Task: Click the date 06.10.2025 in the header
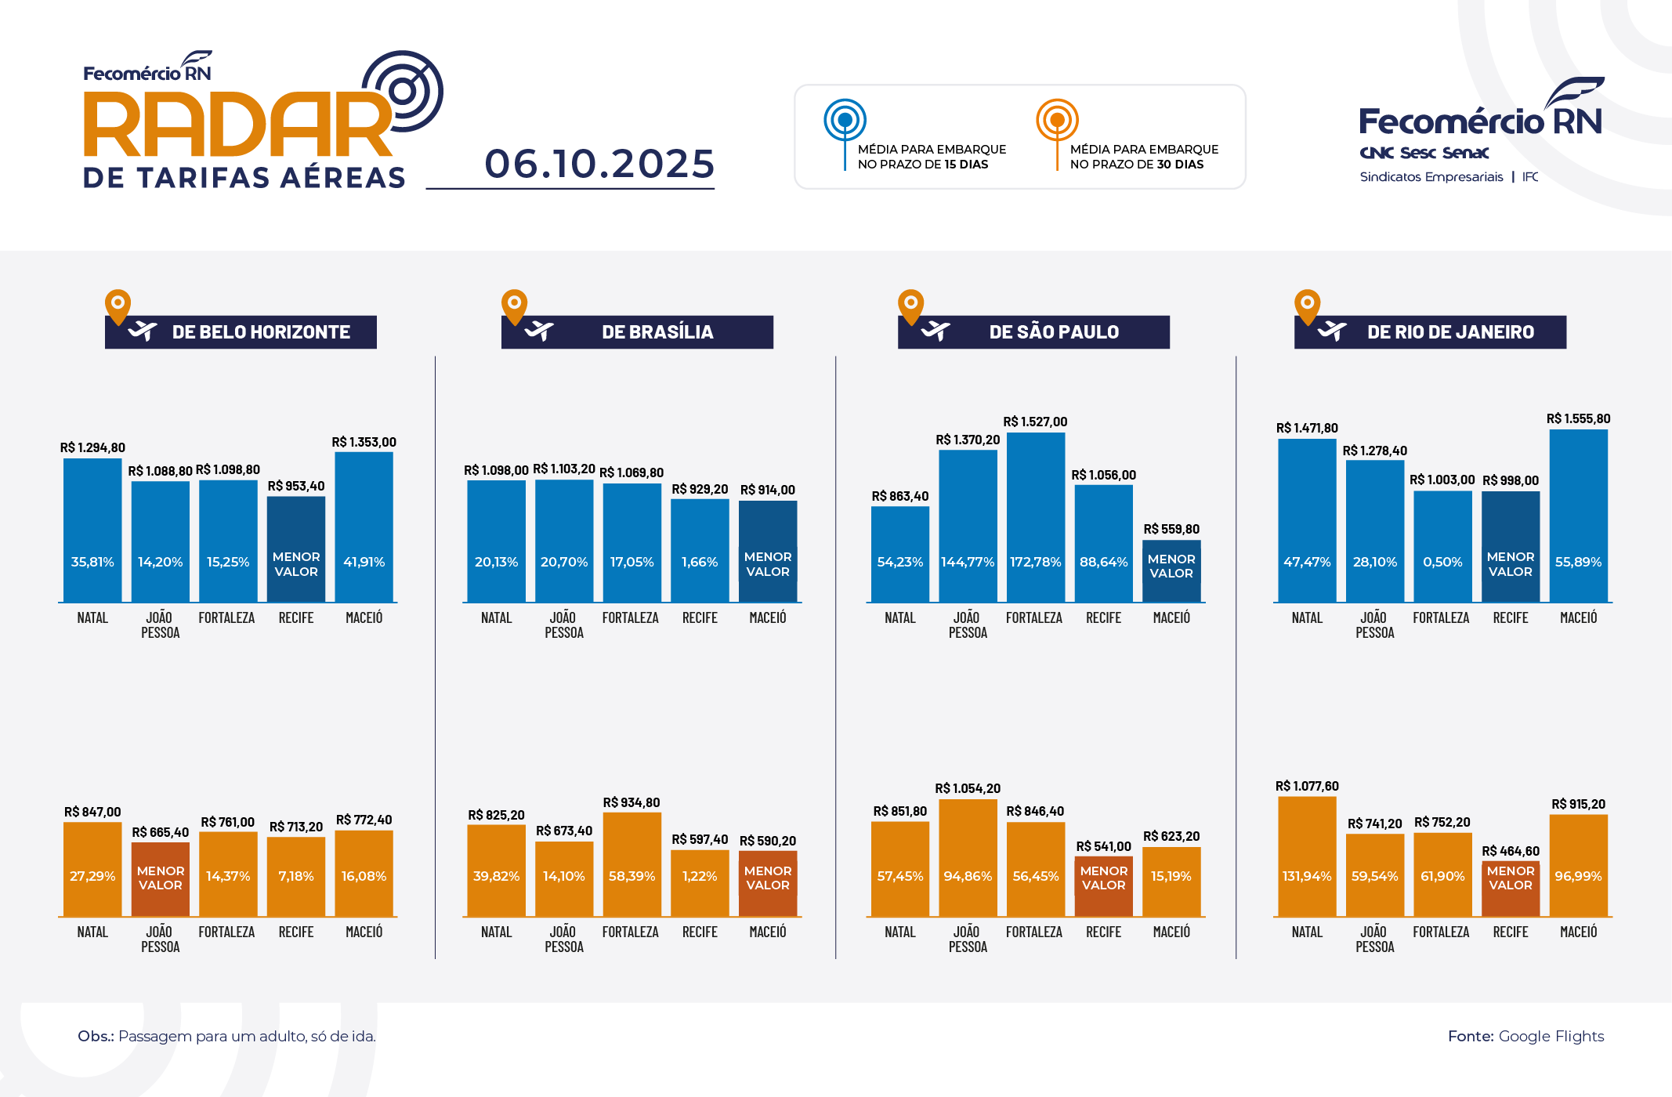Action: pos(599,164)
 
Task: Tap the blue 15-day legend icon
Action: pos(845,121)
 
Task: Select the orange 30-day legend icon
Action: pos(1057,121)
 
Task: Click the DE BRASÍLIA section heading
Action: pos(657,332)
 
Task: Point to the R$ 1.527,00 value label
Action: pos(1035,422)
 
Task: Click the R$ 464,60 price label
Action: pos(1510,851)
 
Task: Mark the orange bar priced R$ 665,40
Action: pos(160,878)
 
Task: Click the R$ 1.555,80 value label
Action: pos(1578,418)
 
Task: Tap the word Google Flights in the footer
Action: pos(1551,1036)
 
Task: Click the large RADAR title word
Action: pos(235,125)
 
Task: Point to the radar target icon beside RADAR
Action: pos(404,91)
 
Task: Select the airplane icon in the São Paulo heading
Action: pos(935,331)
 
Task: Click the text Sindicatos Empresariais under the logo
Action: pos(1431,177)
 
